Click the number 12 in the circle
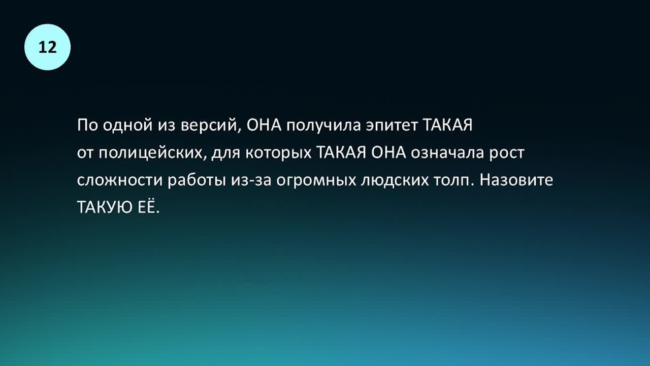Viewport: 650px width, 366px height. coord(47,47)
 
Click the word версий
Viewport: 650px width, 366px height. coord(211,126)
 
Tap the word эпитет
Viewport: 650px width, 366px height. coord(392,126)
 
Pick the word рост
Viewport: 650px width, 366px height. coord(507,154)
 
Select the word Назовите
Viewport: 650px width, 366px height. coord(516,180)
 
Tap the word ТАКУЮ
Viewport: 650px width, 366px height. coord(105,207)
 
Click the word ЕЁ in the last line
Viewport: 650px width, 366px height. coord(147,207)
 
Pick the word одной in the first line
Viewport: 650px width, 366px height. coord(127,126)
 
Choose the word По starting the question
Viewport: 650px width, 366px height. coord(87,126)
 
